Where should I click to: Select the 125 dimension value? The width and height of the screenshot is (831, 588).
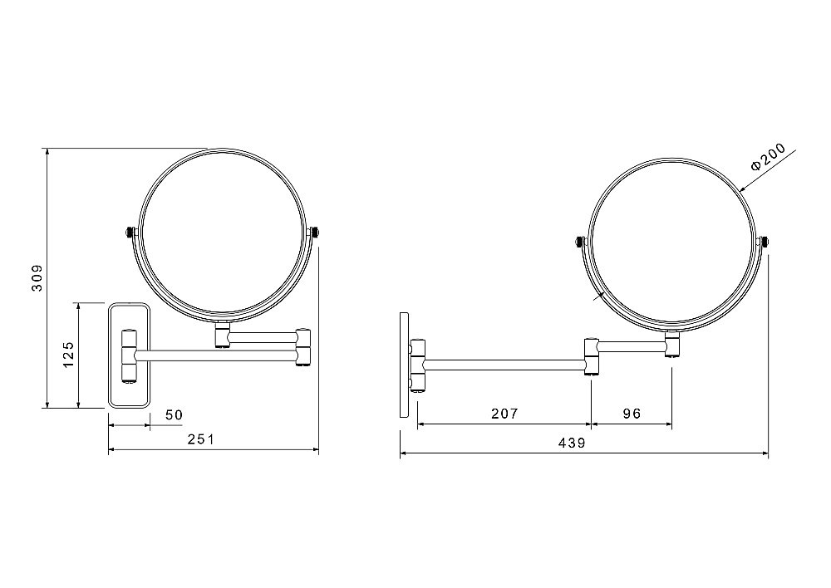[68, 355]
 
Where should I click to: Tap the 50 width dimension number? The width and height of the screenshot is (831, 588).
[174, 414]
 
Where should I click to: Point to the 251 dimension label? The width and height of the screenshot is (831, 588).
[201, 439]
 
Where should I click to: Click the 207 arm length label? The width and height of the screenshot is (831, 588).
[504, 414]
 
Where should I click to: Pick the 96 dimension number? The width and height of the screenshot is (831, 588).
[632, 414]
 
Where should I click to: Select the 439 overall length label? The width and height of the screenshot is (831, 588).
[572, 443]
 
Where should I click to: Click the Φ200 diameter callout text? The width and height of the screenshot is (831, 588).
[768, 157]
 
